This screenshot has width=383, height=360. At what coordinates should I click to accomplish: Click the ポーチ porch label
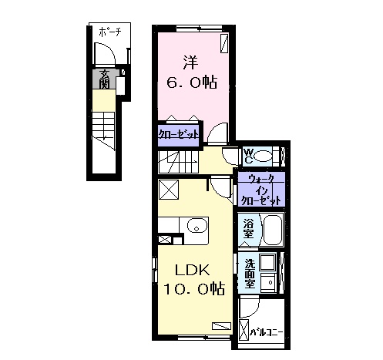pyautogui.click(x=109, y=32)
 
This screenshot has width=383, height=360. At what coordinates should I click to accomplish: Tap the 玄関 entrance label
pyautogui.click(x=105, y=79)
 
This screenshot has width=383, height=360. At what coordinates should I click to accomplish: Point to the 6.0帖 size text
pyautogui.click(x=192, y=82)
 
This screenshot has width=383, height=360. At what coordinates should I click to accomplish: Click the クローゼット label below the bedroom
pyautogui.click(x=179, y=134)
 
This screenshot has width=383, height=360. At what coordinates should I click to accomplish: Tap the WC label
pyautogui.click(x=248, y=156)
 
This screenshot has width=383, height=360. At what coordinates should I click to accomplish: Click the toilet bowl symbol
pyautogui.click(x=263, y=156)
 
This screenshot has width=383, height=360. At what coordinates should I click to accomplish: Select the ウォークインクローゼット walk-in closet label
pyautogui.click(x=261, y=190)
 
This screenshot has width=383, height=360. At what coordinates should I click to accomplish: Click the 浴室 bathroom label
pyautogui.click(x=248, y=228)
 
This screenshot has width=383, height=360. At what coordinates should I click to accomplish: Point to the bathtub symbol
pyautogui.click(x=273, y=230)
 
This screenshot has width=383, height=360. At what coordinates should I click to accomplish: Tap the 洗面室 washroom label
pyautogui.click(x=250, y=273)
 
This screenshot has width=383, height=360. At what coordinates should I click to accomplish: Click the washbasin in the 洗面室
pyautogui.click(x=268, y=282)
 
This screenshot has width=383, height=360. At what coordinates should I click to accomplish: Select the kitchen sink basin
pyautogui.click(x=197, y=226)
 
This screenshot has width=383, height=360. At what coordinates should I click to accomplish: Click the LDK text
pyautogui.click(x=193, y=270)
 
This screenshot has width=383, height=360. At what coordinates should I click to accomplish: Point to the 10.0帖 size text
pyautogui.click(x=194, y=289)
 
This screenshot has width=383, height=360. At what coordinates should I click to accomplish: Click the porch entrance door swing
pyautogui.click(x=105, y=53)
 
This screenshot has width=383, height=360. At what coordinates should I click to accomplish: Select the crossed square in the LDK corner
pyautogui.click(x=169, y=190)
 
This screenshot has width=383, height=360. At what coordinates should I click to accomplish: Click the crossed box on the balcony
pyautogui.click(x=244, y=330)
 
